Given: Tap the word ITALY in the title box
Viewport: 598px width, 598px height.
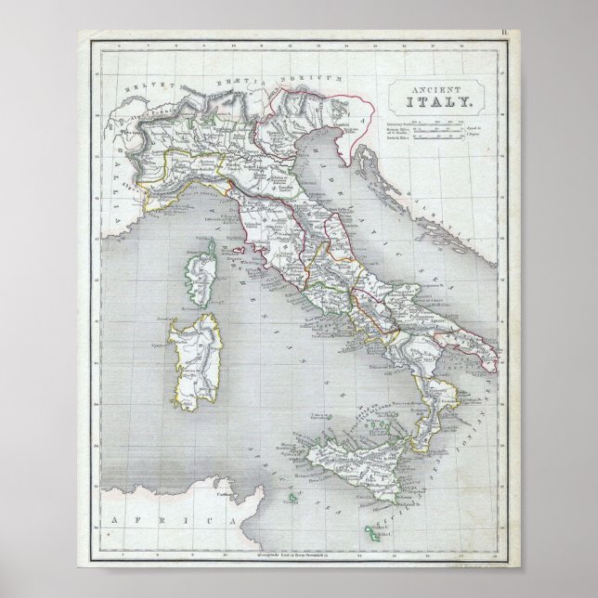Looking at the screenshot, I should [431, 102].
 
